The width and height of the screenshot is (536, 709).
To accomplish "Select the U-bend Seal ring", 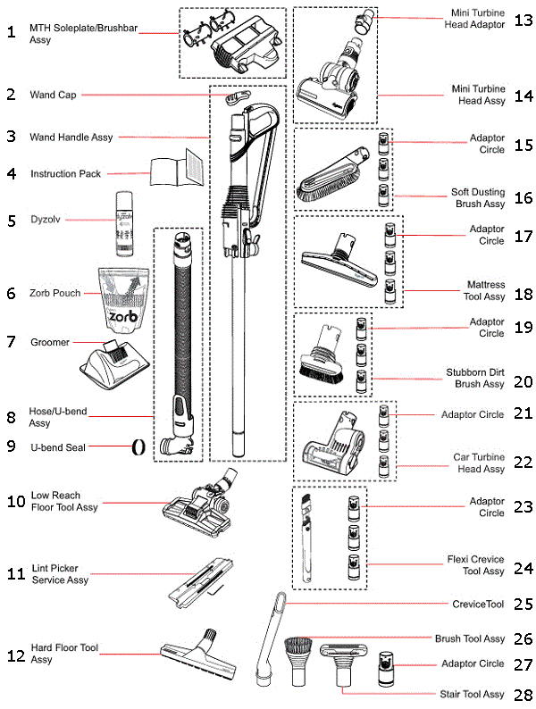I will [x=138, y=446].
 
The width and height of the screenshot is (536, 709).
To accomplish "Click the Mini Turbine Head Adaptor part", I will [x=364, y=20].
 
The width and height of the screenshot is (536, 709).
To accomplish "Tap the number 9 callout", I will [x=12, y=446].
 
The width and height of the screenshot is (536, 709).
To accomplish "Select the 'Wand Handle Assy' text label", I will [x=71, y=138].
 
